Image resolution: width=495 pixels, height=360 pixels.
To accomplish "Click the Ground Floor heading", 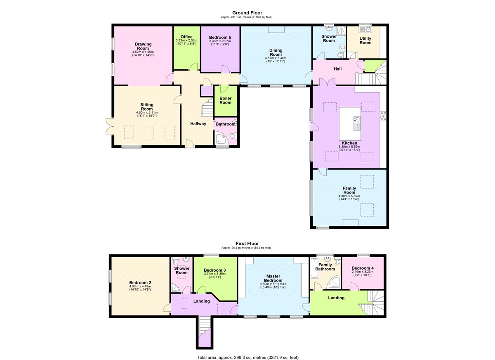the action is pos(247,13).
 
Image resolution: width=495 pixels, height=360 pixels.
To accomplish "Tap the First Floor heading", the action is pos(247,244).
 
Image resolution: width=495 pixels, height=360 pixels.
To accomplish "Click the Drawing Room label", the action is pos(143,46).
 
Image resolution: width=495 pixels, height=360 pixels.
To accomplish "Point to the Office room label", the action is pos(186,37).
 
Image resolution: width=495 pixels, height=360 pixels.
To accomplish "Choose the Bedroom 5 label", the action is pos(220,38).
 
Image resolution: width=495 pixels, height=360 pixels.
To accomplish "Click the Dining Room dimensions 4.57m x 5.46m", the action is pos(276,58).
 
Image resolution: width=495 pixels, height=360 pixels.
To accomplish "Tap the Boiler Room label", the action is pos(225,100).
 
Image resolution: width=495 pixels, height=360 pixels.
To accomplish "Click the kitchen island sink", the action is pos(357,120).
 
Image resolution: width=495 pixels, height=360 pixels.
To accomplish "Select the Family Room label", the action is pos(349,190).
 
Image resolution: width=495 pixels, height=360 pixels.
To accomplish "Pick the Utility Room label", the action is pos(365,40).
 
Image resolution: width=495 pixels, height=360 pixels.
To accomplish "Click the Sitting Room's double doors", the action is pos(109,126).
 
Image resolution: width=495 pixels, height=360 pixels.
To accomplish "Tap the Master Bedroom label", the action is pos(273,278).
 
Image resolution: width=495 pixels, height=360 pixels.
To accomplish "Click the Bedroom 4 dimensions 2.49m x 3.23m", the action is pos(363,272).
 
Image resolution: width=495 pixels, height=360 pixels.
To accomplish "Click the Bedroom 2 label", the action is pos(140,283).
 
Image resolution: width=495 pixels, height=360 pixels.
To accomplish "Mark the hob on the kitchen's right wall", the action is pos(383,116).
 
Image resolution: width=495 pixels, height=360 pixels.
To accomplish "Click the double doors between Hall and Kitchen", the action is pos(327,82).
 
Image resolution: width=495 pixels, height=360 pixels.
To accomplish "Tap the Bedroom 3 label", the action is pos(214,270).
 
